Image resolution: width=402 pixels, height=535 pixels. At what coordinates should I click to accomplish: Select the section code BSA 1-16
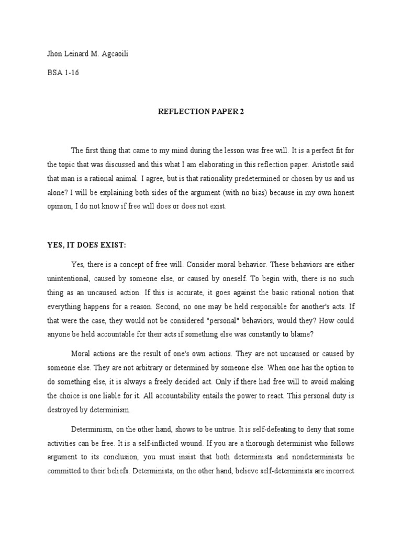(x=63, y=73)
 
